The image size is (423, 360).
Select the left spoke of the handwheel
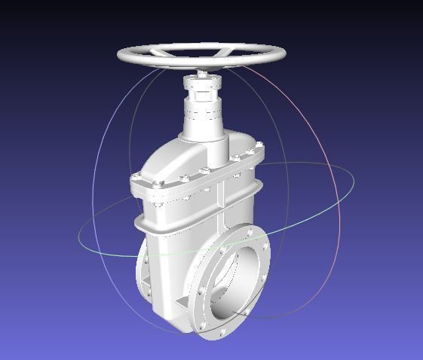163,53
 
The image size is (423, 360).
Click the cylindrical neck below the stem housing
204,125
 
